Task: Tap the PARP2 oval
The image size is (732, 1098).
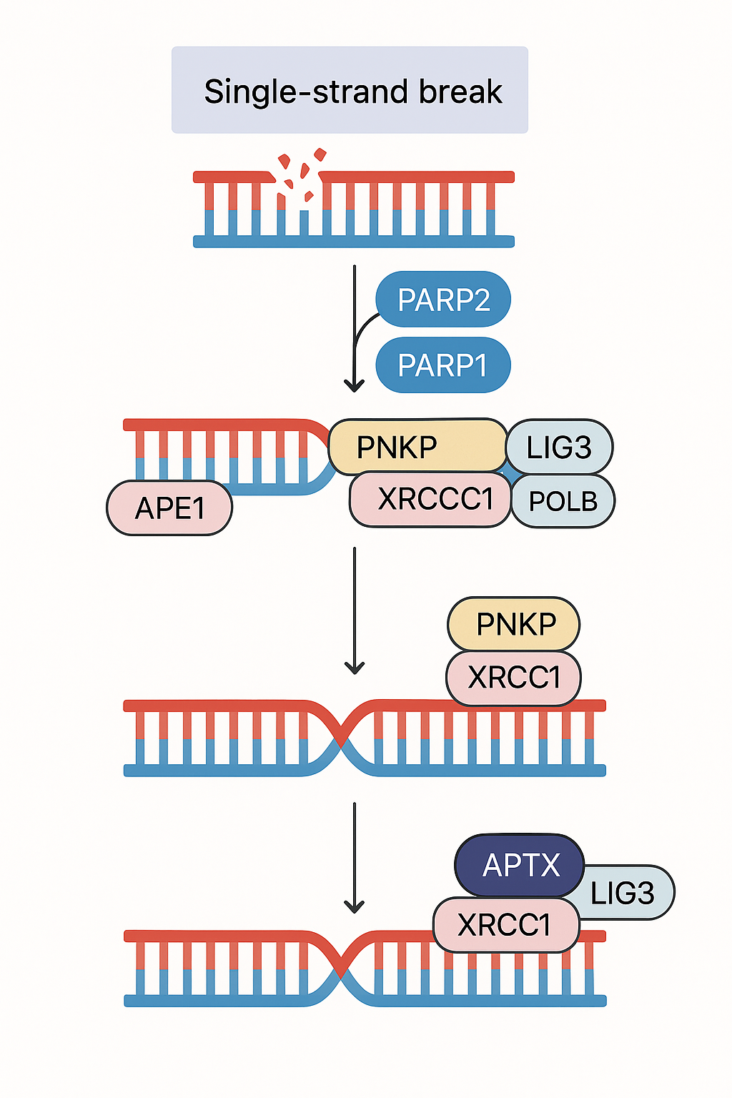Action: click(x=443, y=300)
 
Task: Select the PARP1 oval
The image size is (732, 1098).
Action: click(x=443, y=365)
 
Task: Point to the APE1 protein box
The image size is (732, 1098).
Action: click(x=169, y=508)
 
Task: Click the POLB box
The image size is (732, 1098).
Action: click(x=563, y=501)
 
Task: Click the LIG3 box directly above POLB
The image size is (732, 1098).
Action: click(x=559, y=447)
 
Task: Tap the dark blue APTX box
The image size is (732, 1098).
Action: click(x=520, y=865)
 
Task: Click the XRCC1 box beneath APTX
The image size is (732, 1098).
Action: click(x=505, y=925)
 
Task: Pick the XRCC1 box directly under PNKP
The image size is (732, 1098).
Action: click(x=513, y=678)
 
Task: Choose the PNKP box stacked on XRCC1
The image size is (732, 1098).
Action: click(x=513, y=624)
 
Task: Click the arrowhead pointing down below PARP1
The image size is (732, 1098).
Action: click(x=355, y=385)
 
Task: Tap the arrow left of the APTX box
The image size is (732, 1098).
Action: click(x=355, y=858)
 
